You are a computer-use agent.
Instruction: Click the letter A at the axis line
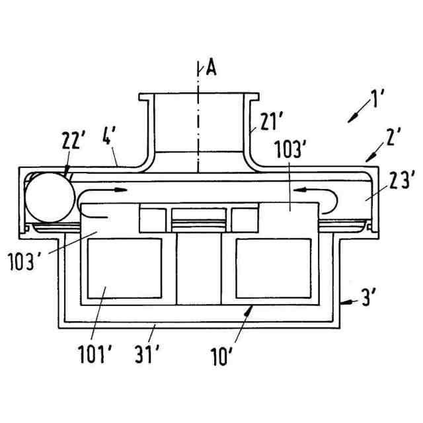pos(211,67)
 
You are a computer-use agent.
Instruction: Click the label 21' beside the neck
pos(272,123)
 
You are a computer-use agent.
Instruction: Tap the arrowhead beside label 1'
pos(352,118)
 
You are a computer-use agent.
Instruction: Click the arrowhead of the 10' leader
pos(249,308)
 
